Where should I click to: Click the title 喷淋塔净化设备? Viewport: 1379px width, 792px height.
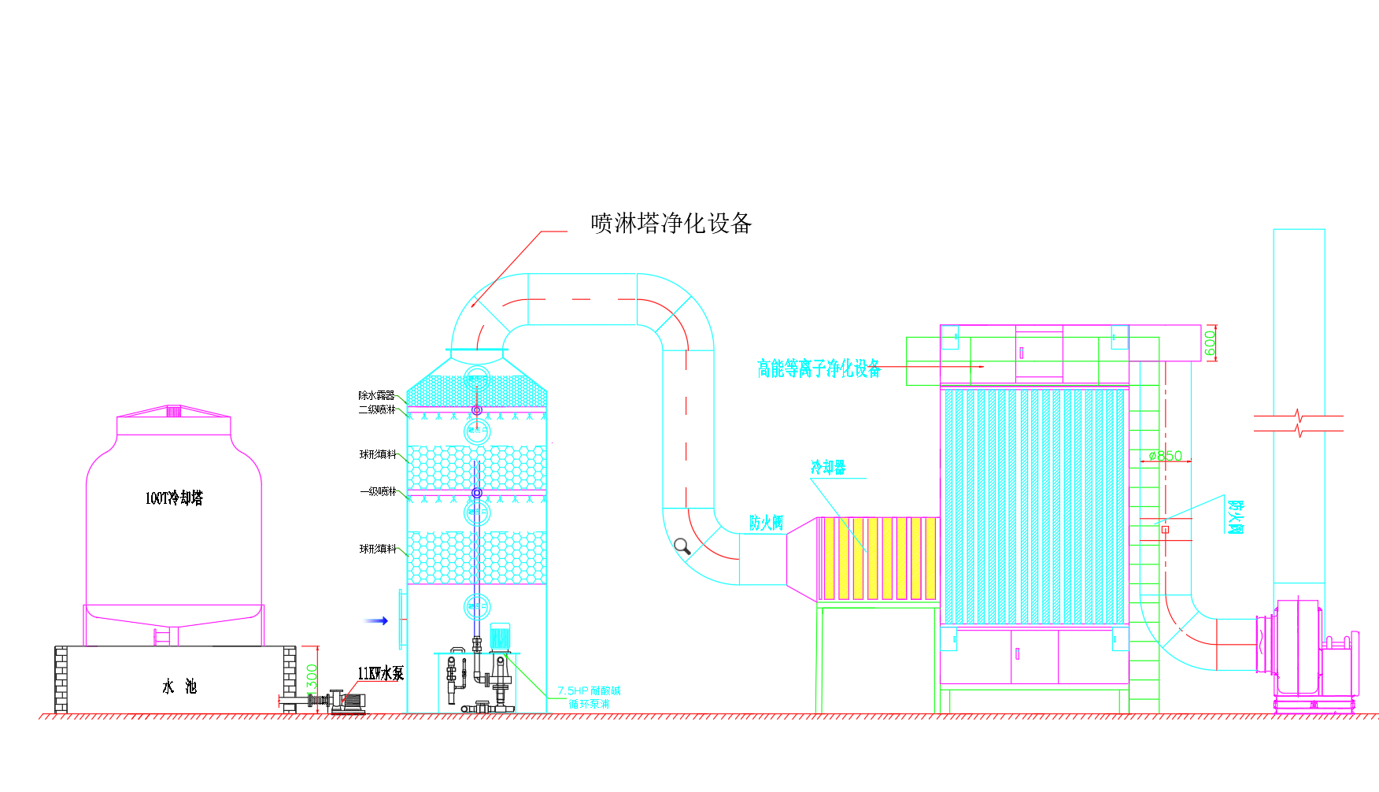[x=671, y=224]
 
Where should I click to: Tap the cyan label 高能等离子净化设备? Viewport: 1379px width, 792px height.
[x=819, y=368]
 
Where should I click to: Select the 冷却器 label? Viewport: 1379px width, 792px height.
[x=828, y=468]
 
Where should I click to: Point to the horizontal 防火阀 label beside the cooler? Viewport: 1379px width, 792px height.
[x=766, y=523]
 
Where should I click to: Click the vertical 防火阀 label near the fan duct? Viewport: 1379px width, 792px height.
[x=1236, y=516]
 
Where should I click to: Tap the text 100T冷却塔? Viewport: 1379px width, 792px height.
[x=174, y=498]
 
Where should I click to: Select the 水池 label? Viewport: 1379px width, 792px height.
[x=179, y=687]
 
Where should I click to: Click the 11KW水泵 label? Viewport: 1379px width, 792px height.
[x=380, y=674]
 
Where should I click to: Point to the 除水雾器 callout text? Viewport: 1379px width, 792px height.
[x=376, y=395]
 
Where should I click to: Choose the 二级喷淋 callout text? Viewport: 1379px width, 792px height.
[x=377, y=409]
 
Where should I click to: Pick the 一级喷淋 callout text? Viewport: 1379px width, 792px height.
[x=378, y=491]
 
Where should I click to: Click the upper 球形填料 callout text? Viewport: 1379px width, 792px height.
[x=378, y=454]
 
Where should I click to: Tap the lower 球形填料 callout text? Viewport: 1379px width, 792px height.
[x=378, y=549]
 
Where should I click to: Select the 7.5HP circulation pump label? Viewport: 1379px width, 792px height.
[x=589, y=697]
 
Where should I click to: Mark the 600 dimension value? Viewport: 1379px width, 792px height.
[x=1211, y=342]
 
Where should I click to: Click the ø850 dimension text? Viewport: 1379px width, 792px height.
[x=1165, y=456]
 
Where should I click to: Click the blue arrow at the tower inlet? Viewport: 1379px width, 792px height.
[x=376, y=621]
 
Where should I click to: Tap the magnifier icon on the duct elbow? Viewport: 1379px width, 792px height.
[x=682, y=546]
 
